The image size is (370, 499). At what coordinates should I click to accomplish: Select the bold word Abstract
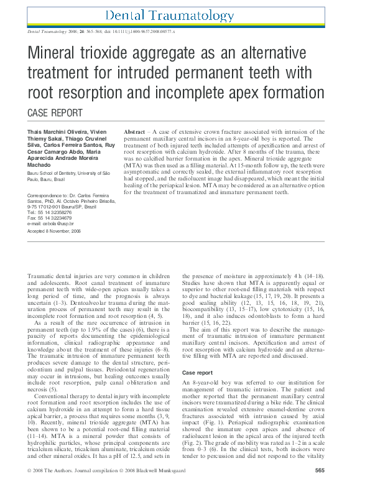pos(135,133)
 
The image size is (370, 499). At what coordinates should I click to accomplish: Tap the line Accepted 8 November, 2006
pos(55,231)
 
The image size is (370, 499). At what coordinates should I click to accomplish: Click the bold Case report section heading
pos(198,373)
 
